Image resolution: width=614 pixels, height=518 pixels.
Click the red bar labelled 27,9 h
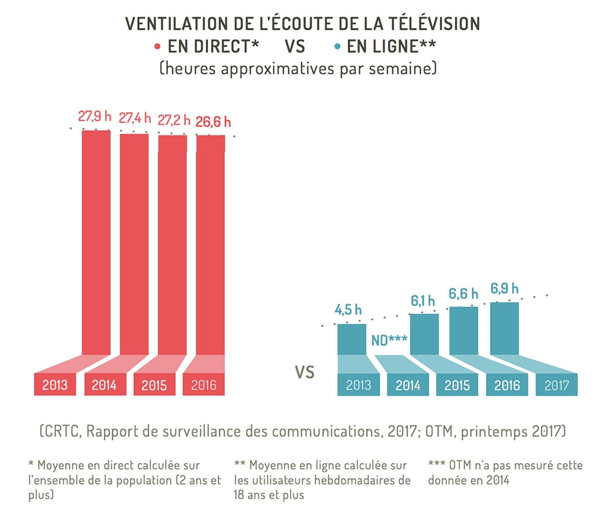[96, 242]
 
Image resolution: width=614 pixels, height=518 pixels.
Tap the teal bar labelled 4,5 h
[351, 339]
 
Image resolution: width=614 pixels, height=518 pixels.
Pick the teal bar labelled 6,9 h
[505, 328]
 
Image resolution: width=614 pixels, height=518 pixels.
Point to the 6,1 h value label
[423, 301]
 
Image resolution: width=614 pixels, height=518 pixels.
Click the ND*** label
[389, 340]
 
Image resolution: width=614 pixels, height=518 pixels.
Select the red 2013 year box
[55, 385]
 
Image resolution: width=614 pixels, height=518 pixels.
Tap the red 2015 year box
[154, 385]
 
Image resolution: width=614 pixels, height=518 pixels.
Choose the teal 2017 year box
[556, 385]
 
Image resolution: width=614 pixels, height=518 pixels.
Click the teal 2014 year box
[408, 385]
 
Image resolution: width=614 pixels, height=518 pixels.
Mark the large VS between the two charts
[305, 372]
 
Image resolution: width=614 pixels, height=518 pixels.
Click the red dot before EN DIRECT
[157, 46]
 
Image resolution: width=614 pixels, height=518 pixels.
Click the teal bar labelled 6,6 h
[464, 331]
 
